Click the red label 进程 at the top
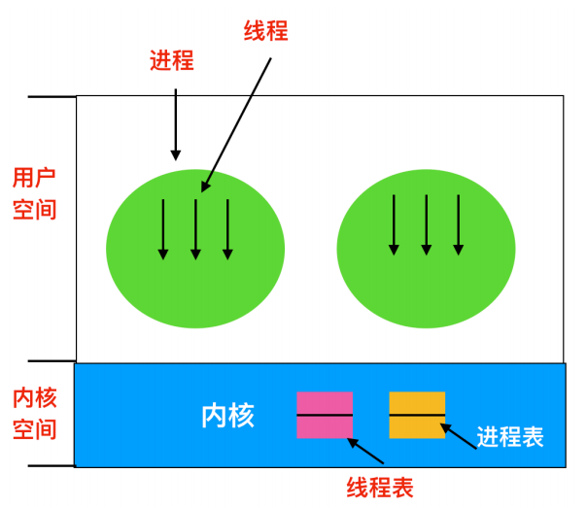point(172,61)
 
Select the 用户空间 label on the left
point(34,193)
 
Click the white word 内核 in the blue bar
point(227,416)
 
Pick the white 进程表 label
point(509,437)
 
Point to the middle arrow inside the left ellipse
point(195,229)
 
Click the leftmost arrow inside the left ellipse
point(163,229)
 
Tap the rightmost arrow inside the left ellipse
point(227,229)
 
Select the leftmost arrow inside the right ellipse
point(394,224)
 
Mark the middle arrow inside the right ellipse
point(426,224)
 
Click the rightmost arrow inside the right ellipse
point(458,224)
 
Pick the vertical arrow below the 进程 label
point(176,123)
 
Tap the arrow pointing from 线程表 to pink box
point(366,452)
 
